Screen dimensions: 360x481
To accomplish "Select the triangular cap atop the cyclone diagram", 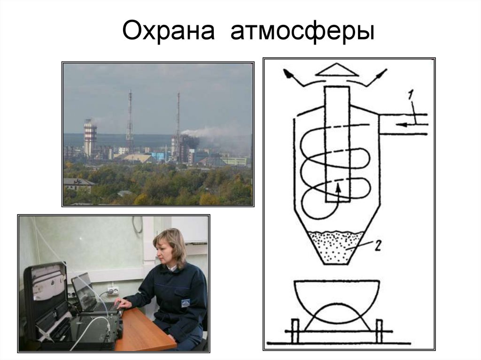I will [335, 70].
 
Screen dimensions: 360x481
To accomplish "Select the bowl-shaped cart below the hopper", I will [336, 300].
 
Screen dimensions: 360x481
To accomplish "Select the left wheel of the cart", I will [295, 330].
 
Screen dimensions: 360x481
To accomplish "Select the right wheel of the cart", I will [379, 330].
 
